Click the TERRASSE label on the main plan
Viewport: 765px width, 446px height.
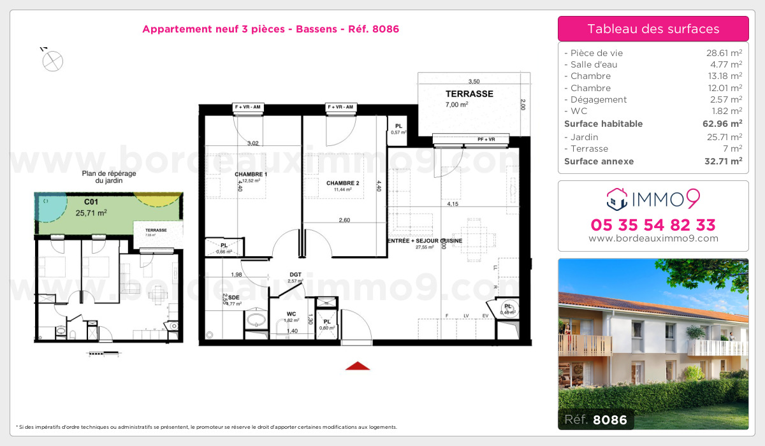pos(469,94)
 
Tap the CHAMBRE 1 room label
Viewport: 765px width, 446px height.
pos(251,175)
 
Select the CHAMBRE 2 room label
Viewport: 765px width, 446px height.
pos(343,183)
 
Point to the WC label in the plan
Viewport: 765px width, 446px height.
pos(291,313)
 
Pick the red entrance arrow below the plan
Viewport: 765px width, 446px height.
pos(358,366)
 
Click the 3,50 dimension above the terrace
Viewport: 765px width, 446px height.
pos(474,82)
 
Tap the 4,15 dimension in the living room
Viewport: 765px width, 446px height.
pos(453,205)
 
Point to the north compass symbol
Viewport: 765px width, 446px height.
pos(52,61)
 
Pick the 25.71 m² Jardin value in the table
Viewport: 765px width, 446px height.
pos(721,137)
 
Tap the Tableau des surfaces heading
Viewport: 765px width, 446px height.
pos(653,29)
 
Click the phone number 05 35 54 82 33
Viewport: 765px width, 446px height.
pos(653,225)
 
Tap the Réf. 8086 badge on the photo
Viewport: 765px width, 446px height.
pos(595,419)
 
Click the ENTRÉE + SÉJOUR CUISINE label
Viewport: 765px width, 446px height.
pos(425,241)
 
